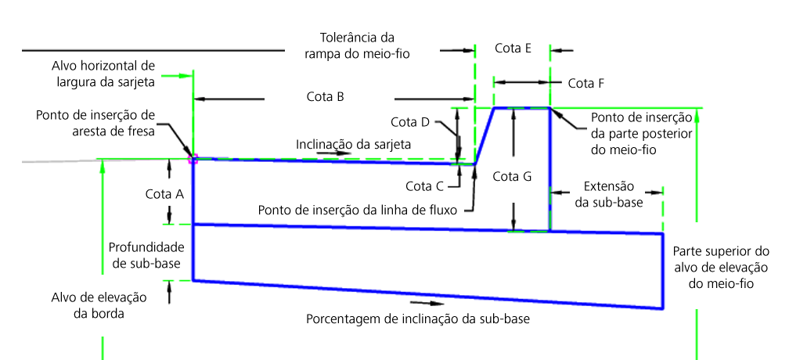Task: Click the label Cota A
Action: point(164,194)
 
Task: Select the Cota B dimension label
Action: point(325,97)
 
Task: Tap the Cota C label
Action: point(425,186)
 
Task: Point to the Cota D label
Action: point(409,122)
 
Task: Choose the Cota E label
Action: point(513,49)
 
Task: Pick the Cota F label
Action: point(585,84)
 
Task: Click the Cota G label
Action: point(512,177)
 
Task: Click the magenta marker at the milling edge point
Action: point(193,160)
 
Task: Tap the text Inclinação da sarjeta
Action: point(353,145)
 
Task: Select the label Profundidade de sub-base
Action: point(146,255)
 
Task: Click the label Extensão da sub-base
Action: point(609,195)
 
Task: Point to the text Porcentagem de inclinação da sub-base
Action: point(418,319)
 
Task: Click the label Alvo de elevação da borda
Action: point(99,305)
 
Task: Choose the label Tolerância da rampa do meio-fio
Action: point(357,45)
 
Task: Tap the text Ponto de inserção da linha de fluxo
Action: point(358,211)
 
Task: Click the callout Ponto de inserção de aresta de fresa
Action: point(95,123)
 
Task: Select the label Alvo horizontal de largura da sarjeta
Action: point(103,74)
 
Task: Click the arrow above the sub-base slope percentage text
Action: point(427,303)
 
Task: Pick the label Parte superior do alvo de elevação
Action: point(721,267)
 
